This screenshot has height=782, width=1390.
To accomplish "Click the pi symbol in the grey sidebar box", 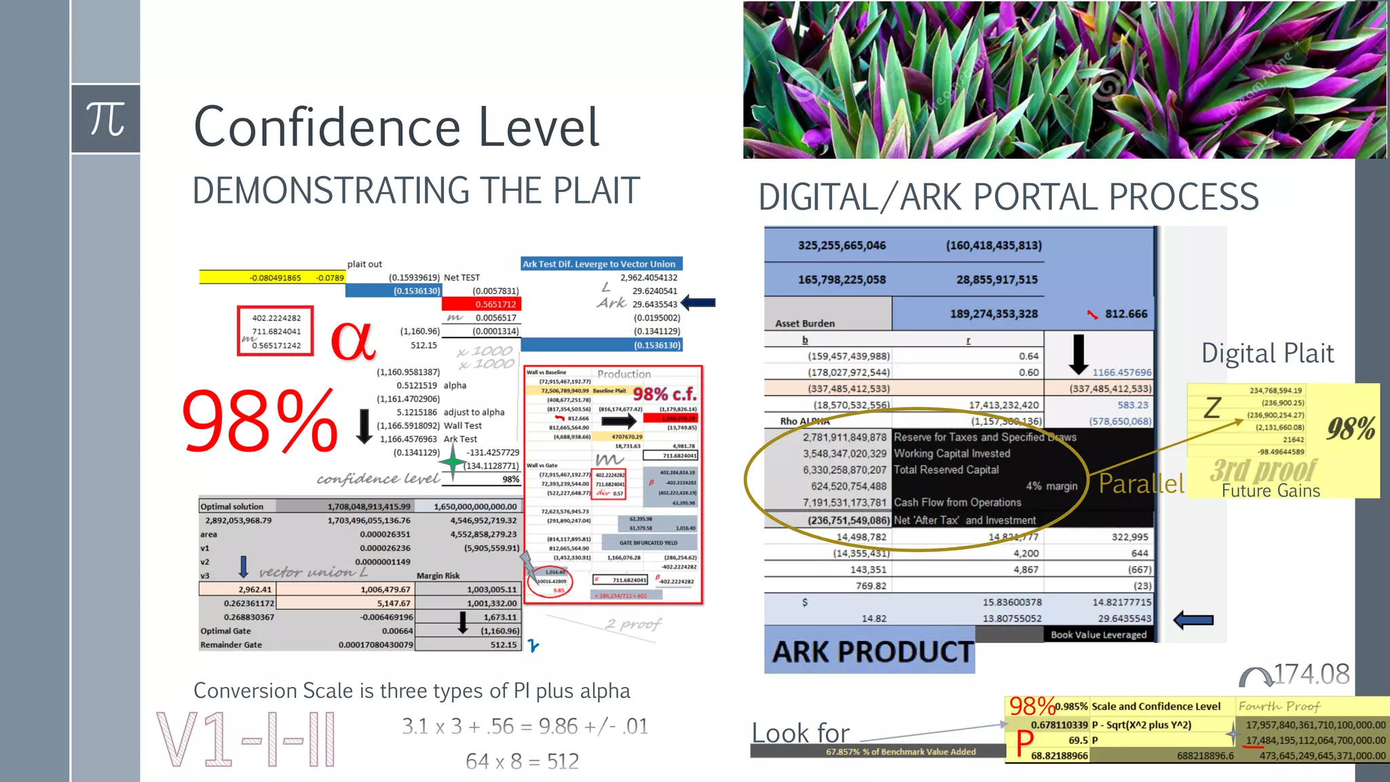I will pyautogui.click(x=106, y=119).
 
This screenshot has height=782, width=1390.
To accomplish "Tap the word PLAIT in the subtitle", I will pyautogui.click(x=596, y=191).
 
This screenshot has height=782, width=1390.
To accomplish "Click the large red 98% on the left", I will pyautogui.click(x=260, y=422).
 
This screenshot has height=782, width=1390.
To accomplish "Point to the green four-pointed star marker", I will pyautogui.click(x=452, y=463).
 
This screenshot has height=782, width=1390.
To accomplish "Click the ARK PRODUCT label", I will pyautogui.click(x=872, y=652).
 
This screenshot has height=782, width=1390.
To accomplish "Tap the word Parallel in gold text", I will pyautogui.click(x=1141, y=483).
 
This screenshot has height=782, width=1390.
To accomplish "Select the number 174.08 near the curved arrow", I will pyautogui.click(x=1311, y=675).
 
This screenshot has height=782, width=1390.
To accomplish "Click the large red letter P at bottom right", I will pyautogui.click(x=1024, y=743).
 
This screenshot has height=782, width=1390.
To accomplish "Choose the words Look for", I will pyautogui.click(x=800, y=733).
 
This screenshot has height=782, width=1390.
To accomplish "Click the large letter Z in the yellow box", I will pyautogui.click(x=1212, y=408).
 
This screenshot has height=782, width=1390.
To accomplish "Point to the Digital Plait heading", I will pyautogui.click(x=1267, y=354).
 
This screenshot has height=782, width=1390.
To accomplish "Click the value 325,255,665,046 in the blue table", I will pyautogui.click(x=842, y=246).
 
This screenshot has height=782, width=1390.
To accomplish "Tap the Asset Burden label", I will pyautogui.click(x=805, y=324).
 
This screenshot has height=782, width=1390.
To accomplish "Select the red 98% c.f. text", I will pyautogui.click(x=664, y=394).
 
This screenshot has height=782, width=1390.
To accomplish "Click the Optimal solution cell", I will pyautogui.click(x=232, y=506).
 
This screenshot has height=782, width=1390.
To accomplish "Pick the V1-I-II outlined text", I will pyautogui.click(x=246, y=740).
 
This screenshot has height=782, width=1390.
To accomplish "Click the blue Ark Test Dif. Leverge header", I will pyautogui.click(x=599, y=264).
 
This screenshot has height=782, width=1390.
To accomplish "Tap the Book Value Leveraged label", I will pyautogui.click(x=1098, y=635).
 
